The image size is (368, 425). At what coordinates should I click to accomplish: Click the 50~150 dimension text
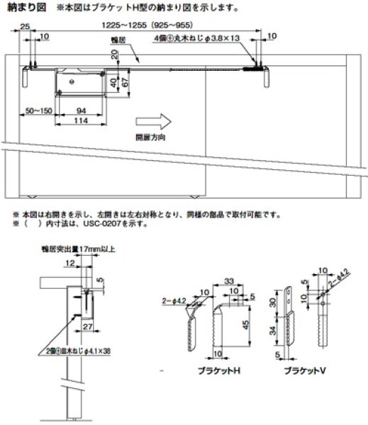coord(38,112)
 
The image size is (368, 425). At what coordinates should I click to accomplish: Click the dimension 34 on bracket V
coord(274,329)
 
